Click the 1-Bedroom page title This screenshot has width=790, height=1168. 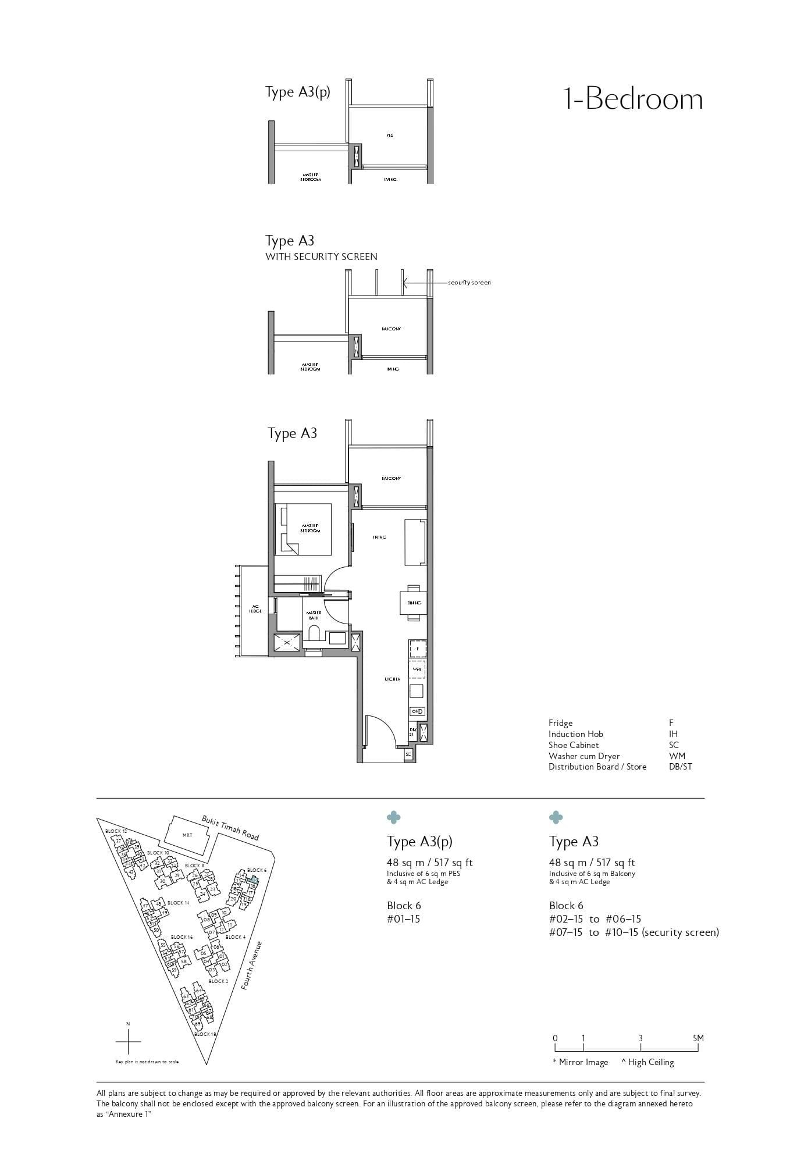pos(634,99)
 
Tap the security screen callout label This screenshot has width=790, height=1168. pos(469,283)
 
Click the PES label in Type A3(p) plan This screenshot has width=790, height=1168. pos(389,136)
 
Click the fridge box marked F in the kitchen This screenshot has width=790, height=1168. pos(417,648)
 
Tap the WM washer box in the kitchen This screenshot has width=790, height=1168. pos(417,670)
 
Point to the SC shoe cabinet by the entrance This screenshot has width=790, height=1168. pos(408,754)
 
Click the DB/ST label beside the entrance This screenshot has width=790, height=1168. pos(412,732)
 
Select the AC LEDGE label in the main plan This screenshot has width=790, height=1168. pos(255,608)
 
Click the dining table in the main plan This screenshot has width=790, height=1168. pos(414,603)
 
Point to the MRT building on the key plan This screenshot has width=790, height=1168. pos(187,835)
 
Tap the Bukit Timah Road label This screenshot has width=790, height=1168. pos(230,828)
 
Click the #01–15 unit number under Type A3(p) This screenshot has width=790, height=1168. pos(403,919)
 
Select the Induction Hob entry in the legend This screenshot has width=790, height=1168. pos(575,734)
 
